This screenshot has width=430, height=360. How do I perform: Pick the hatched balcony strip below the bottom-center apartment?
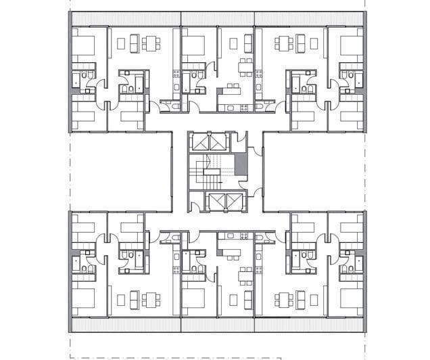[217, 325]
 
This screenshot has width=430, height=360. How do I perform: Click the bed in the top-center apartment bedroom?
[193, 46]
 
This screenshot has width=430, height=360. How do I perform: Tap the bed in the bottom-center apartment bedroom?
[193, 298]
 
